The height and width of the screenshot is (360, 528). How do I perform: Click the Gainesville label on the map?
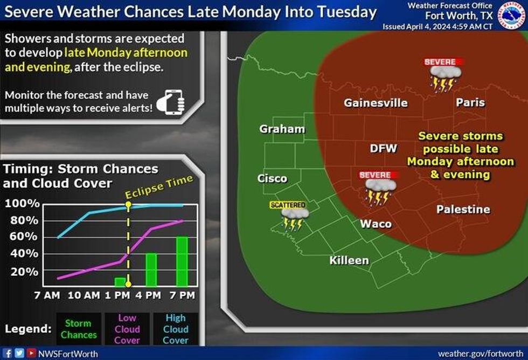click(376, 103)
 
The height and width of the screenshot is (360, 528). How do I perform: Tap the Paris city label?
click(470, 102)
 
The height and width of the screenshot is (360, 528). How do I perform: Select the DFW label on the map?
click(383, 148)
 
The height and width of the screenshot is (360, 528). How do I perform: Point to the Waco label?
click(376, 224)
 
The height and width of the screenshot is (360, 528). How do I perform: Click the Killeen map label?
click(349, 261)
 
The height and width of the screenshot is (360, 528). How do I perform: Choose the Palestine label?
click(463, 209)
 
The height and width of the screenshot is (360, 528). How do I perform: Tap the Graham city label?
click(282, 129)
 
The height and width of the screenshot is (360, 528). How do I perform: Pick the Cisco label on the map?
click(272, 179)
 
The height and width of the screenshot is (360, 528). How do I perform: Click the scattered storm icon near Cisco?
click(294, 216)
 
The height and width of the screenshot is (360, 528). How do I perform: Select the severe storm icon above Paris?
click(443, 74)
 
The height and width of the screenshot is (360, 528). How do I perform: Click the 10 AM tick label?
click(85, 295)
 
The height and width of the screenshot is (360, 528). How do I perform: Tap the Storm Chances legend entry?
click(79, 329)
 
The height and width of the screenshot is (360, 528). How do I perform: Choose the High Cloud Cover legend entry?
click(176, 329)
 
